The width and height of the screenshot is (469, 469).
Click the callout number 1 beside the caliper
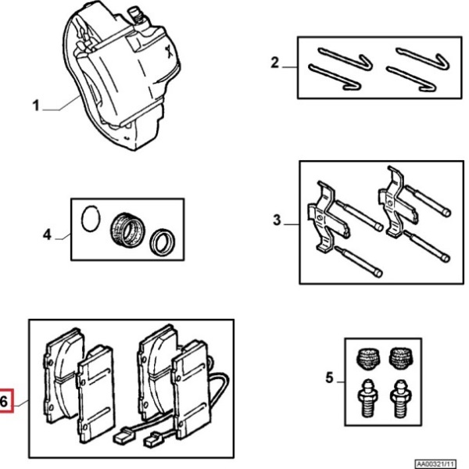(36, 106)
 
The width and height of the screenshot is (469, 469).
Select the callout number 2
(274, 63)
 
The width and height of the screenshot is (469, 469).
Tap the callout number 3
(277, 220)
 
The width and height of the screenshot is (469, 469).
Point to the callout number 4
(47, 234)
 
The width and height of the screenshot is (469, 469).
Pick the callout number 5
(329, 378)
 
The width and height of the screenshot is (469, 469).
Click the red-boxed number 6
(4, 402)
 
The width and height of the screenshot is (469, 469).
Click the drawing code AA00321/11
(436, 464)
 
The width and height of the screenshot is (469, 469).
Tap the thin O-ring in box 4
(91, 218)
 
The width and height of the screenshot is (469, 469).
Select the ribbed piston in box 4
(127, 230)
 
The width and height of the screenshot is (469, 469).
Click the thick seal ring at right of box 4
(163, 242)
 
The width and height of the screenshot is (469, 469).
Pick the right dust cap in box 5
(401, 358)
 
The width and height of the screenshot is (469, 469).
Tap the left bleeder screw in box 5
(367, 398)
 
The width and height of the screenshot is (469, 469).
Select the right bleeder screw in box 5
(401, 399)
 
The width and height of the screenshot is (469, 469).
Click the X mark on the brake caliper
(170, 52)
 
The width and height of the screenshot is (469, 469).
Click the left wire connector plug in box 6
(122, 436)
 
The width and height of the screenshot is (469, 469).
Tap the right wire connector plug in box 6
(153, 439)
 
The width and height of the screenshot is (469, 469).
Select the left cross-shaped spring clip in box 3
(327, 216)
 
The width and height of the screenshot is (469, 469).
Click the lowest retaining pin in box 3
(358, 261)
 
